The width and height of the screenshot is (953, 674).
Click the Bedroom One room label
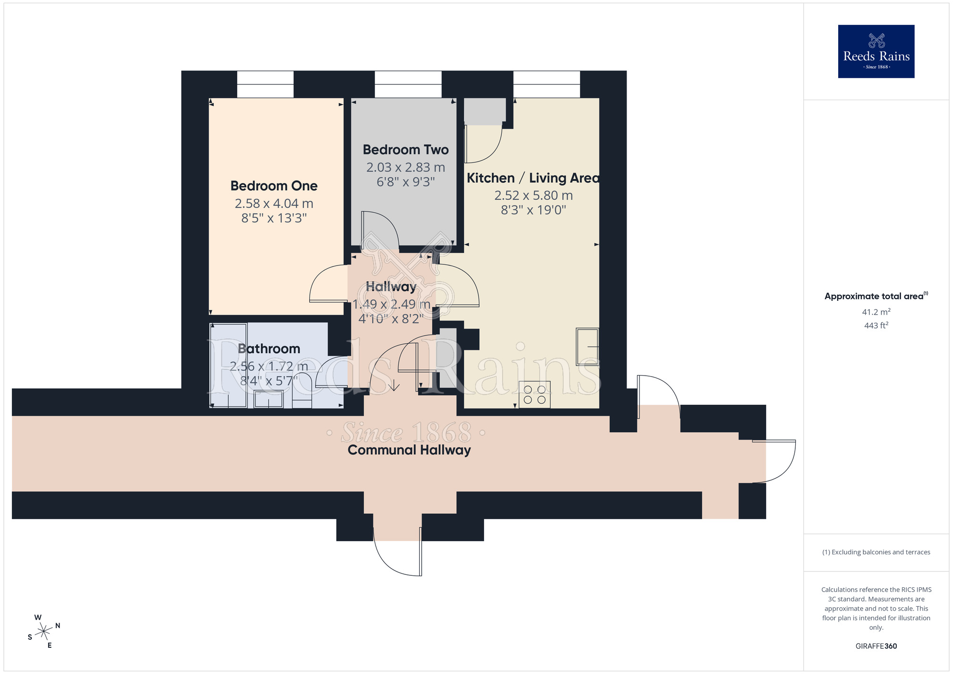click(274, 186)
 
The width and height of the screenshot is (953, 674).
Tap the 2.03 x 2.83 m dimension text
click(406, 167)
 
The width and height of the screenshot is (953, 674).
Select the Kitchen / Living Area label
click(533, 178)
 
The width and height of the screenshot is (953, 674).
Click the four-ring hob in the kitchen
click(535, 395)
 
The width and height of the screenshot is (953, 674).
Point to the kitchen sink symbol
click(587, 347)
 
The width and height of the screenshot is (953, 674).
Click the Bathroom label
click(269, 348)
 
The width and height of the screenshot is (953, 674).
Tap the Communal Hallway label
click(409, 450)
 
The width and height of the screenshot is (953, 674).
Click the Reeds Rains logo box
click(876, 51)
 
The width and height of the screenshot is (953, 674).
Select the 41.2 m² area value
click(876, 312)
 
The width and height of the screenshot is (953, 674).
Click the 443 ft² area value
click(876, 326)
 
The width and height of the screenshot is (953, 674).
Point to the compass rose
click(44, 632)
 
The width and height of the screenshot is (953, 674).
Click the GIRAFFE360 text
click(876, 646)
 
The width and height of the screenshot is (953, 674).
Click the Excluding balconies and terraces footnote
click(876, 552)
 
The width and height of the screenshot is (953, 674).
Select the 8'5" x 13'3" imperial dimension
click(274, 218)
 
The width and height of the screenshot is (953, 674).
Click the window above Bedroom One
click(265, 84)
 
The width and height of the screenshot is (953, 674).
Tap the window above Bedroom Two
click(408, 84)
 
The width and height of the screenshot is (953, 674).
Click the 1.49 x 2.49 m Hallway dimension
click(391, 304)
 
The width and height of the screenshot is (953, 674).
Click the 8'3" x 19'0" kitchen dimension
click(533, 210)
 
